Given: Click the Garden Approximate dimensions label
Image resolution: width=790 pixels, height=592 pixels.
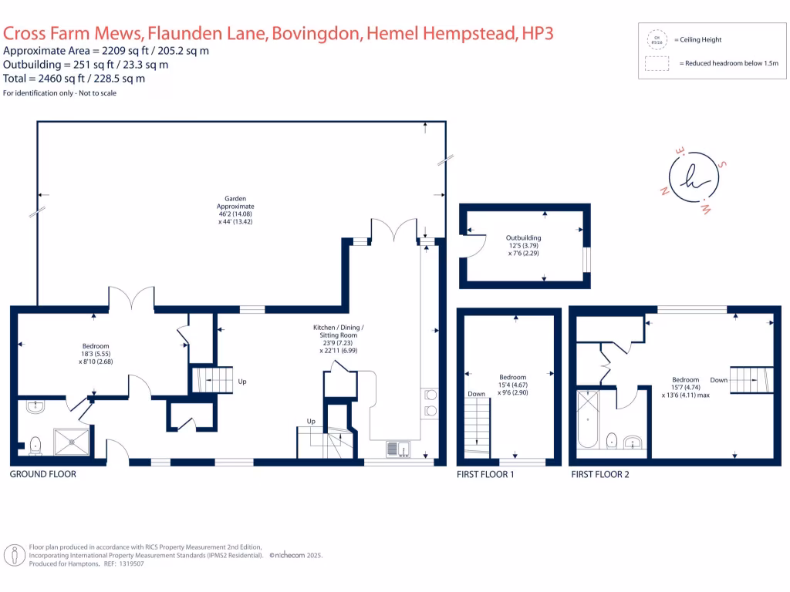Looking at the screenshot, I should tap(235, 210).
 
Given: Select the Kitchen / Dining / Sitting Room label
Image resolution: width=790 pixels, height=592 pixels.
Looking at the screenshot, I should tap(341, 338).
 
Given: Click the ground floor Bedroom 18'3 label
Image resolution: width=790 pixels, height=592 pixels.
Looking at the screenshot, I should tap(96, 353).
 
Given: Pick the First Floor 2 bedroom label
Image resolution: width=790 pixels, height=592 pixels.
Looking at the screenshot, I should tap(685, 387).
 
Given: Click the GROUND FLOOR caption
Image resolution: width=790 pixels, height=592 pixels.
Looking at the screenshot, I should tap(42, 474).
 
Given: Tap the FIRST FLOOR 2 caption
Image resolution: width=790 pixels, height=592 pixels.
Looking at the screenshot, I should tap(600, 475).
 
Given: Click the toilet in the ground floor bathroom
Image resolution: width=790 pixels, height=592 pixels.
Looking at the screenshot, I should tap(35, 444).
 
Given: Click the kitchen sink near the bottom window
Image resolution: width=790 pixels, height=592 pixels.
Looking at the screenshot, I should tap(398, 449).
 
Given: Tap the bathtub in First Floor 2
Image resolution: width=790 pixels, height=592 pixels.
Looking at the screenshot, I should tap(589, 420).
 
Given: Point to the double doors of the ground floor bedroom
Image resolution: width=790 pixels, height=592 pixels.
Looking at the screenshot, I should tap(130, 299).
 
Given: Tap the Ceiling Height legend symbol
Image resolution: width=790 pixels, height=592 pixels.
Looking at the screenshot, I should tap(657, 39).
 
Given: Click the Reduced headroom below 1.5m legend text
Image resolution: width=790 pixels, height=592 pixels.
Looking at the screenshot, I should tap(729, 63).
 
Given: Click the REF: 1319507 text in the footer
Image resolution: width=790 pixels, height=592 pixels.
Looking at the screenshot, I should tap(122, 564).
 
